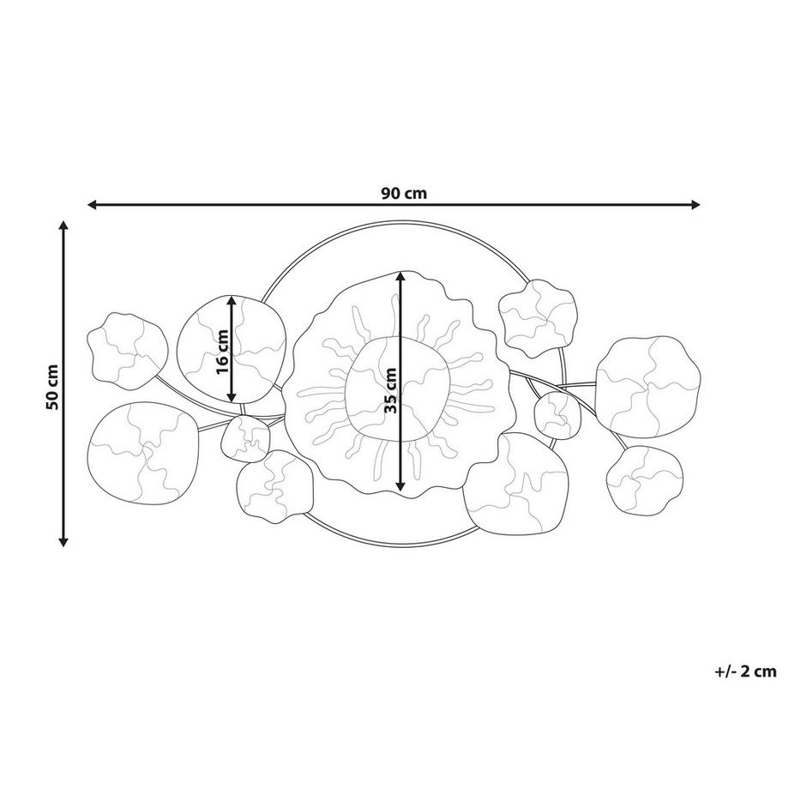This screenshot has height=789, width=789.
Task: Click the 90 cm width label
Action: (x=404, y=193)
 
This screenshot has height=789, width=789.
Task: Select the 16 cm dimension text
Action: (x=222, y=352)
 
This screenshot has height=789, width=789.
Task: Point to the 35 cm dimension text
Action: (x=390, y=390)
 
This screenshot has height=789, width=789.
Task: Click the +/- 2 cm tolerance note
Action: (x=745, y=672)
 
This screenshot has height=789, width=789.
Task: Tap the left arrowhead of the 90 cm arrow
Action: (x=92, y=204)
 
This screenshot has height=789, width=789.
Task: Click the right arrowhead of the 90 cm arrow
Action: (x=696, y=204)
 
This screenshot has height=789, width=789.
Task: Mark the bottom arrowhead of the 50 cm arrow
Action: (x=63, y=541)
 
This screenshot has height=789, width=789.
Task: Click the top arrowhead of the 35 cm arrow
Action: (x=400, y=276)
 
